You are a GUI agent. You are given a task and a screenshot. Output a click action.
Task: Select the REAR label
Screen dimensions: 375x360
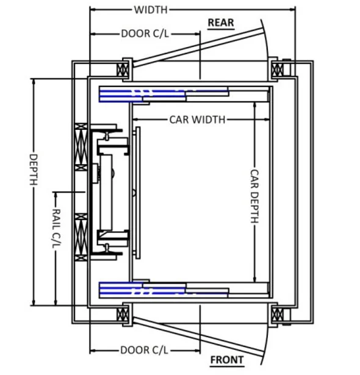coord(220,23)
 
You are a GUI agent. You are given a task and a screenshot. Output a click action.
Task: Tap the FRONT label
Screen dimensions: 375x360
coord(227,360)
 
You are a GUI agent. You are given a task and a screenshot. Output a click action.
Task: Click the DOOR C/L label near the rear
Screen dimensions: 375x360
coord(145,34)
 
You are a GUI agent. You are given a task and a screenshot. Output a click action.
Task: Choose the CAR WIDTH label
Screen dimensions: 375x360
coord(197,119)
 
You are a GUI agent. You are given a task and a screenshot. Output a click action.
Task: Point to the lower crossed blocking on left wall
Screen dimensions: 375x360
coord(81,238)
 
